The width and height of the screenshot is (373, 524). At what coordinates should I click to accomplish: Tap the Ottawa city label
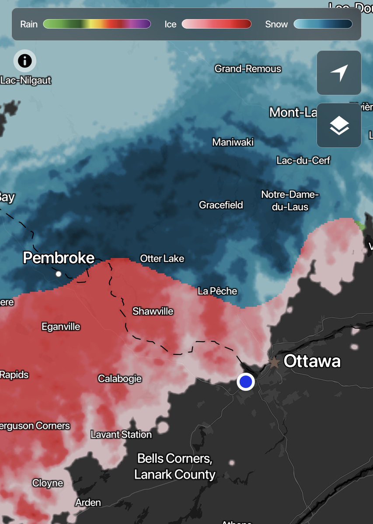(x=312, y=361)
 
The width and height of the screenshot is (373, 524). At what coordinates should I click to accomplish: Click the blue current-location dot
(x=246, y=382)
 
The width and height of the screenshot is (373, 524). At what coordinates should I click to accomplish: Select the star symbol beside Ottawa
(x=274, y=362)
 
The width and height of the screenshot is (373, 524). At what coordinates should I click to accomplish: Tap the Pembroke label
(x=59, y=258)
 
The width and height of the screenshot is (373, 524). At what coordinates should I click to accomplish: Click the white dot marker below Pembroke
(x=59, y=274)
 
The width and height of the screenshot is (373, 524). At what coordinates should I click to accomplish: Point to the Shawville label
(x=153, y=312)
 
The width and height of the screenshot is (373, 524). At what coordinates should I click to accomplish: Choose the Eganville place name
(x=61, y=326)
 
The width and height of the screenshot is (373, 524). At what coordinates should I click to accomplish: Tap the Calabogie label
(x=120, y=378)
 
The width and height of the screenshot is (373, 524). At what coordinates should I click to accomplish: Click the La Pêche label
(x=217, y=291)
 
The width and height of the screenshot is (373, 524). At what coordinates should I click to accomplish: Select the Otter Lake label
(x=162, y=259)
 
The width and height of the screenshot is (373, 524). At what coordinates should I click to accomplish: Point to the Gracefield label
(x=221, y=205)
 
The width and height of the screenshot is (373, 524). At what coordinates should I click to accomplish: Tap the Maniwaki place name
(x=233, y=142)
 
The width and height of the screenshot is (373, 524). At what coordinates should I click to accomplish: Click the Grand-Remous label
(x=248, y=69)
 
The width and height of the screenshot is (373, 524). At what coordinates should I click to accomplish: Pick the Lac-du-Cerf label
(x=303, y=160)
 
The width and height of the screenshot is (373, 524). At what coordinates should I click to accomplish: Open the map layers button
(x=339, y=125)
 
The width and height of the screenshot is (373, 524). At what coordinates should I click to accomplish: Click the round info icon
(x=25, y=60)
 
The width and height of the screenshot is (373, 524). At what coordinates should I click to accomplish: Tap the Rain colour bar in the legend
(x=97, y=24)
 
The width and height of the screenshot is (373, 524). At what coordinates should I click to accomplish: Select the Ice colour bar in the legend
(x=216, y=24)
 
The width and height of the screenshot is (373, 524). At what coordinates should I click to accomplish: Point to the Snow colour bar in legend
(x=323, y=24)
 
